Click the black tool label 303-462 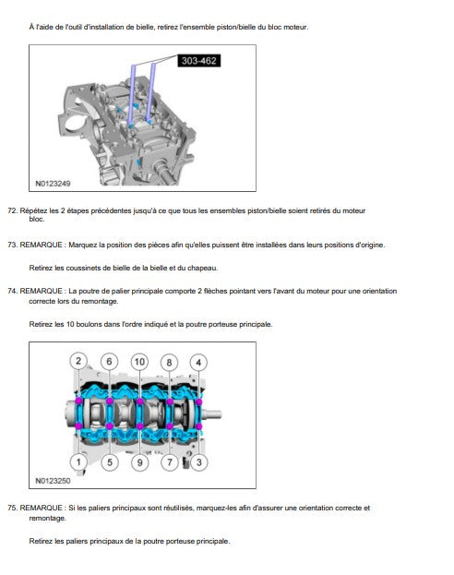click(198, 61)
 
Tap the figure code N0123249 click(53, 184)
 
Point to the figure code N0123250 click(53, 481)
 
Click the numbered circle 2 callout click(78, 361)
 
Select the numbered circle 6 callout click(109, 362)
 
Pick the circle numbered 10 click(139, 362)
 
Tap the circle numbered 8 click(169, 363)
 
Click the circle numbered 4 click(198, 363)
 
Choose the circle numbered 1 click(78, 461)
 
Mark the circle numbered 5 click(109, 462)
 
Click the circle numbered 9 click(139, 462)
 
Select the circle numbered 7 click(170, 462)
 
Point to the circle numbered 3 click(198, 462)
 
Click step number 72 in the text click(13, 210)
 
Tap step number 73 click(13, 245)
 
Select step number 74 click(13, 291)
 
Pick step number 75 click(13, 508)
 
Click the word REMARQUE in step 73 click(41, 245)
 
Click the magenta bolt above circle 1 click(78, 426)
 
